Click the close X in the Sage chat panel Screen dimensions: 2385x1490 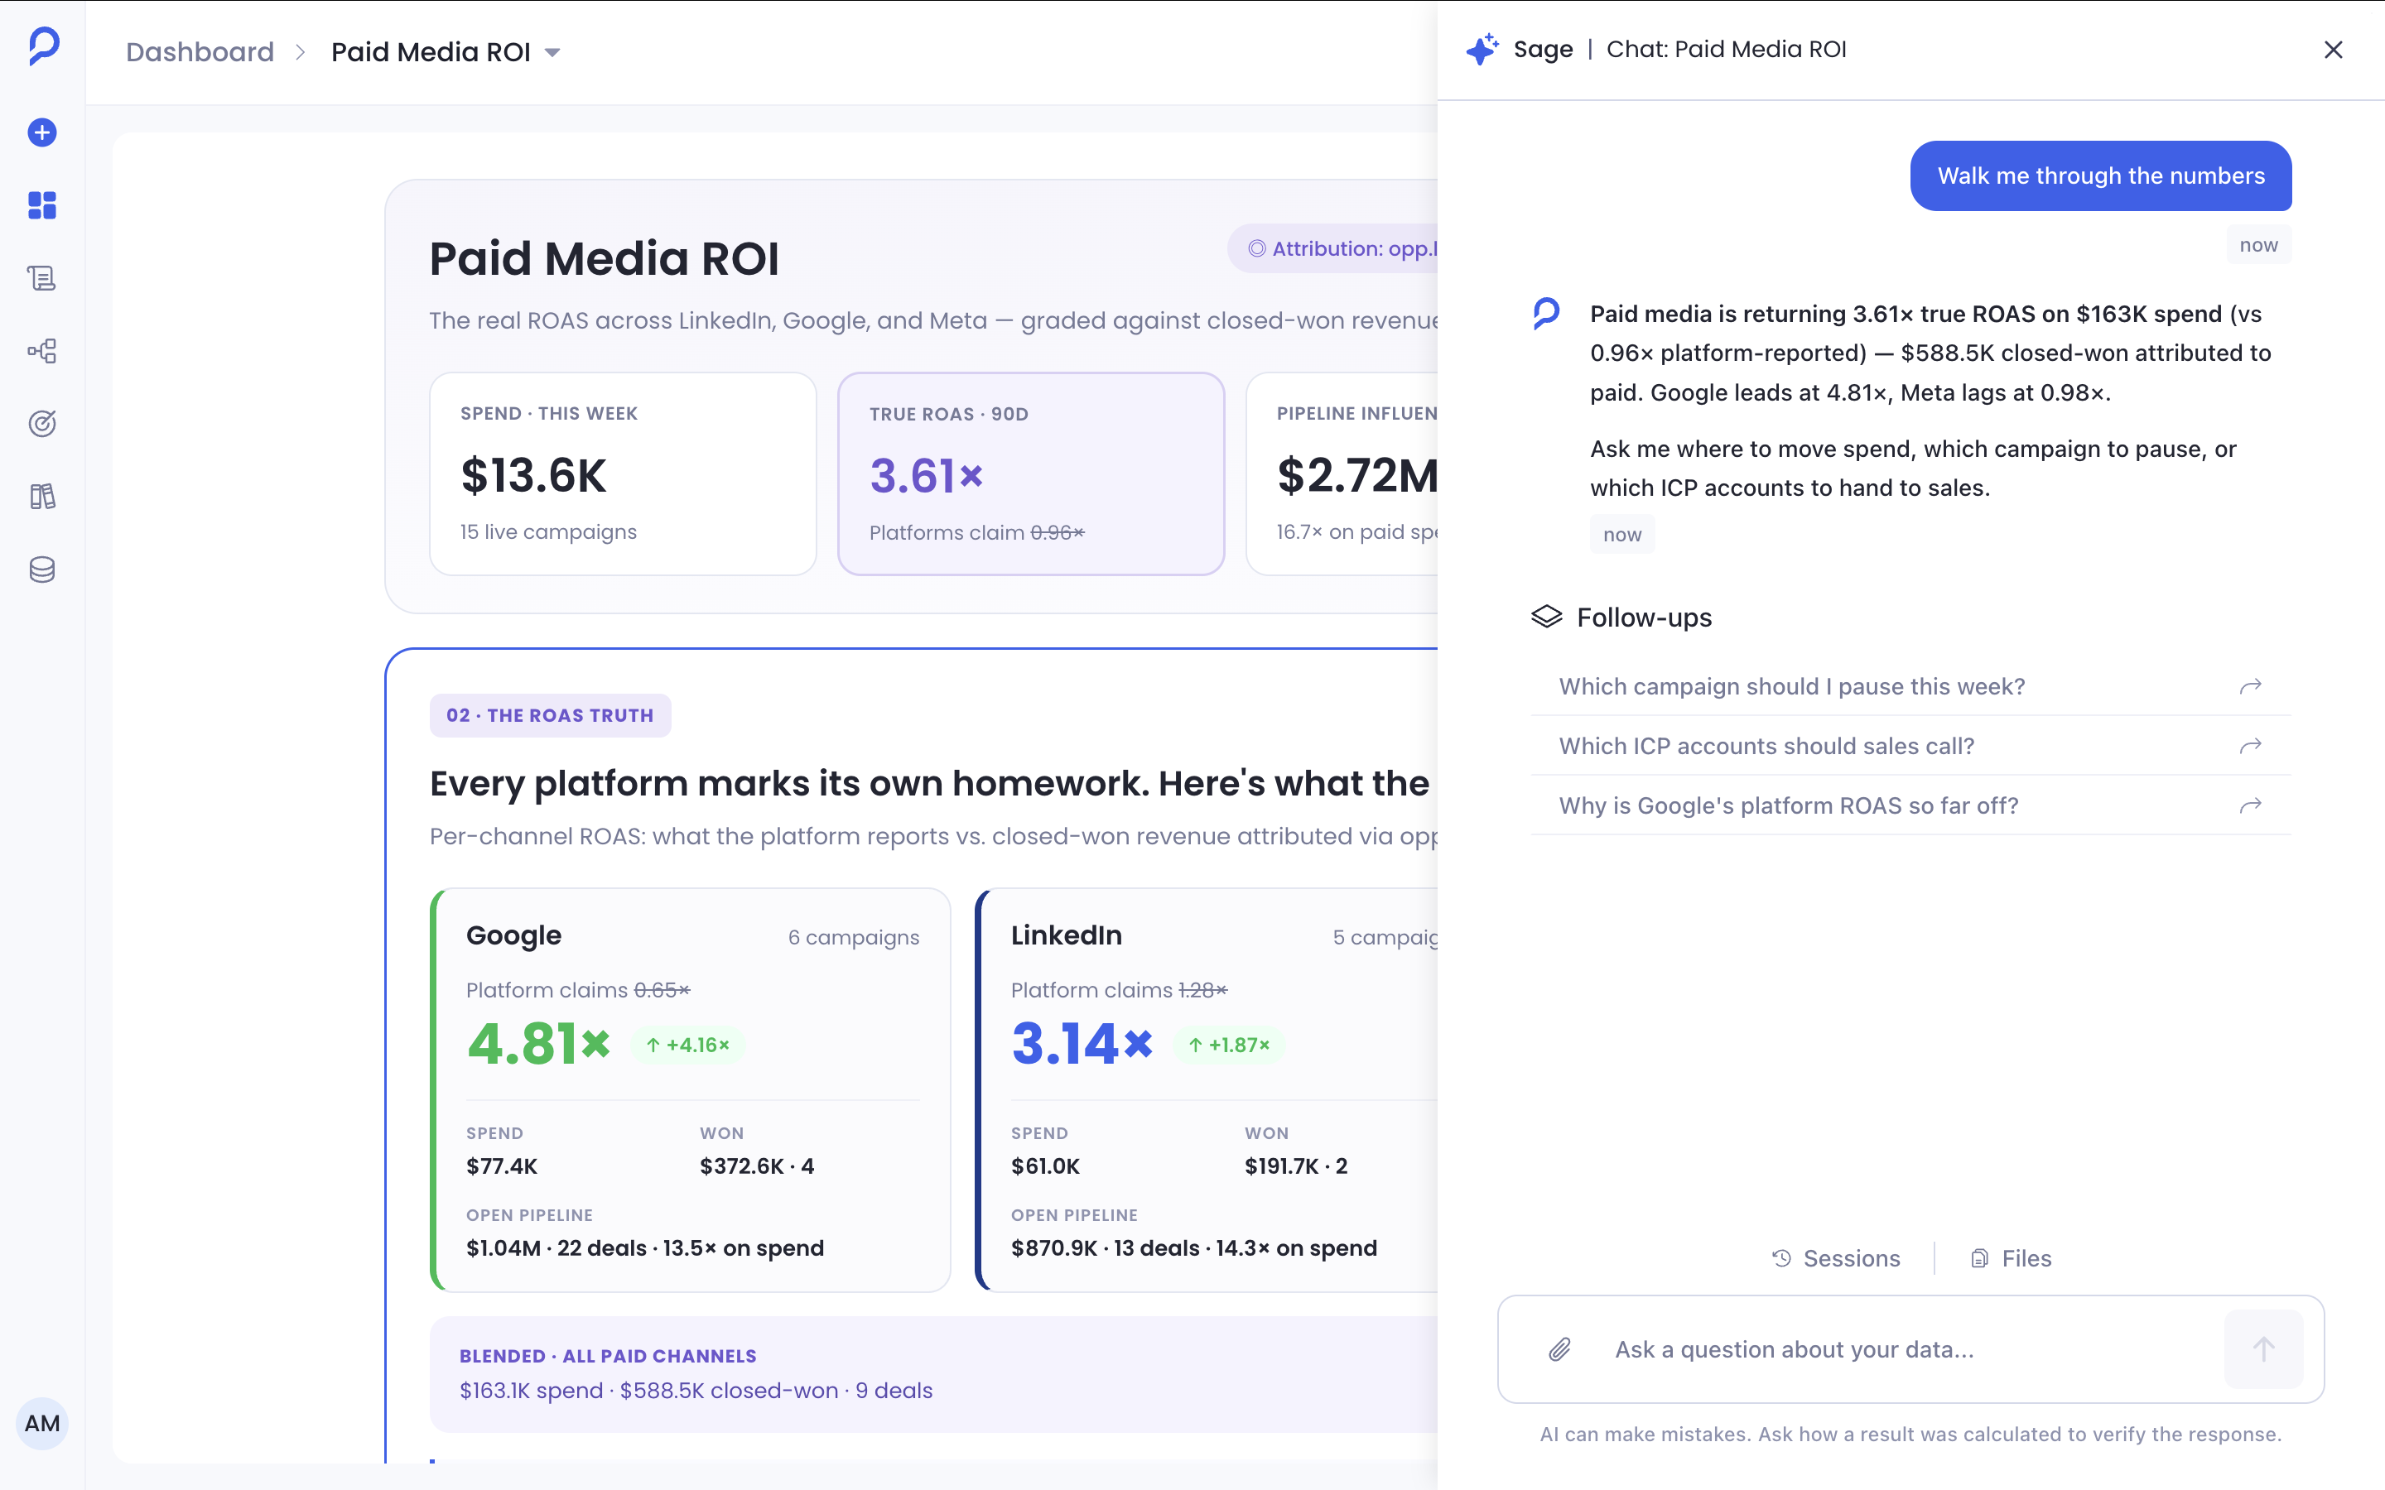click(x=2333, y=50)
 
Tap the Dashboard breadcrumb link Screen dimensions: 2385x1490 click(x=200, y=51)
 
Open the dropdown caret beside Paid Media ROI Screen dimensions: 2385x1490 click(x=553, y=52)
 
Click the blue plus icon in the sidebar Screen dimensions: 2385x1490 click(x=41, y=132)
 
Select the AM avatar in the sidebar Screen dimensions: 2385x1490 click(x=41, y=1423)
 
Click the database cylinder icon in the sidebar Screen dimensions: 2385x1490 click(x=41, y=570)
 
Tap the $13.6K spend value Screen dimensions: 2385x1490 click(x=533, y=475)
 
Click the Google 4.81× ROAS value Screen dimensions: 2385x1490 click(x=538, y=1044)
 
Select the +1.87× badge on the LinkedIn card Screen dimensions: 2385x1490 click(x=1229, y=1045)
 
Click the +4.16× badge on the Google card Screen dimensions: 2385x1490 click(x=687, y=1045)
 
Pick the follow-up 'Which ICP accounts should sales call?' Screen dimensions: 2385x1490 click(x=1766, y=746)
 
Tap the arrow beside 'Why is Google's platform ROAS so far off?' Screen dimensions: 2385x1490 click(x=2250, y=805)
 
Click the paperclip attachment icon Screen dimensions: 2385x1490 click(x=1559, y=1349)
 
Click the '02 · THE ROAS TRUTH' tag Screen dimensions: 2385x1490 click(x=550, y=715)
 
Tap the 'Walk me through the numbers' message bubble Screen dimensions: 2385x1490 click(x=2100, y=175)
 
